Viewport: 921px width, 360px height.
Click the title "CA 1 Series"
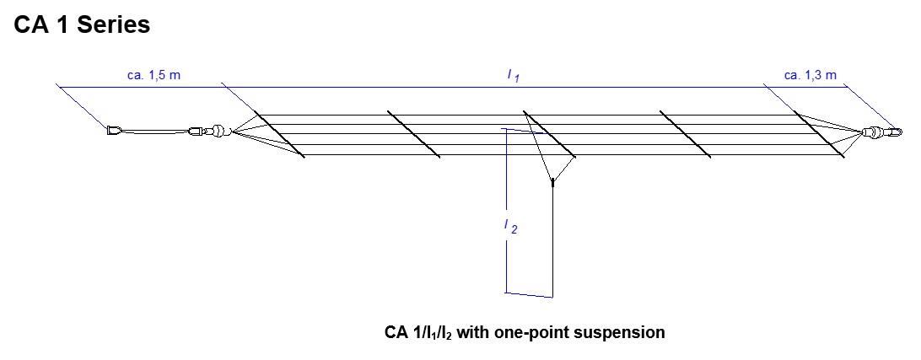click(x=82, y=25)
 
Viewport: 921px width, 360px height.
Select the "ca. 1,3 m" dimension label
click(x=810, y=75)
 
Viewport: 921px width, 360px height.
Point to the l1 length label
click(x=513, y=76)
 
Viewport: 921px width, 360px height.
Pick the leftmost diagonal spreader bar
click(x=277, y=134)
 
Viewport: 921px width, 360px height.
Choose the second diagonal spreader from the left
click(x=413, y=134)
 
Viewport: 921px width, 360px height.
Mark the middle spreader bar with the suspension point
click(x=549, y=134)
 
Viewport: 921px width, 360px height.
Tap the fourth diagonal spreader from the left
click(x=686, y=134)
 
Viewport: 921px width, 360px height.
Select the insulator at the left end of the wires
click(x=218, y=131)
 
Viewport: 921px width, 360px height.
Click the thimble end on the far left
click(x=114, y=131)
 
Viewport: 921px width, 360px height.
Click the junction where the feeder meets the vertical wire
click(x=552, y=180)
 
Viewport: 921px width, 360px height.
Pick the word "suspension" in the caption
click(x=622, y=332)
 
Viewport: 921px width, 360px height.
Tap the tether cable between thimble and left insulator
click(x=156, y=131)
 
